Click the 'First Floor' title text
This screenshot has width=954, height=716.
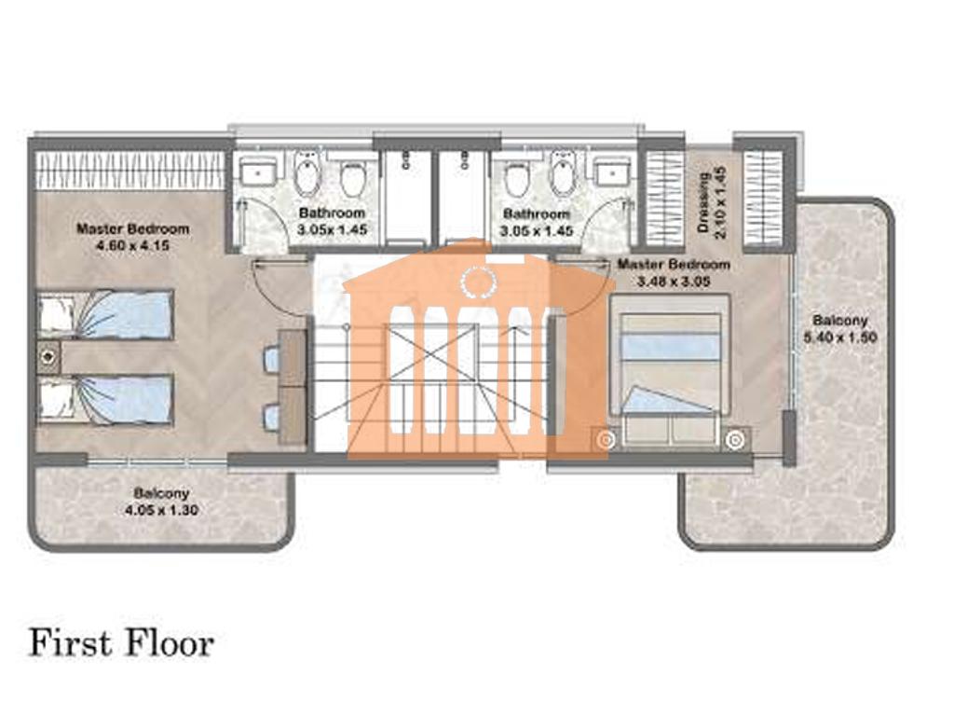click(x=122, y=644)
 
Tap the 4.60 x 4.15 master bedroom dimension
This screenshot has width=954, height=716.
click(x=132, y=246)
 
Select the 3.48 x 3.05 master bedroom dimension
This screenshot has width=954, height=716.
click(x=674, y=282)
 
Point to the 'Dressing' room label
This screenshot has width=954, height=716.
click(x=704, y=202)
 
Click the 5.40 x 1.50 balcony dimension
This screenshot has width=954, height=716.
click(x=840, y=337)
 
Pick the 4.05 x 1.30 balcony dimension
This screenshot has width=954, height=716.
click(x=161, y=510)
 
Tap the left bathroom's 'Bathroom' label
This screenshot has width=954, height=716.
click(x=333, y=213)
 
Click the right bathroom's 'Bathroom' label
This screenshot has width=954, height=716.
click(x=537, y=214)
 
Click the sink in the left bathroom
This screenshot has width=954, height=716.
click(x=258, y=172)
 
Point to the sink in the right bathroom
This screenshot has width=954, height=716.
click(x=613, y=173)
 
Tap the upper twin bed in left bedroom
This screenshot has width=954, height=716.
click(x=106, y=314)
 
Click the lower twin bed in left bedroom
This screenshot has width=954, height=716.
click(x=106, y=399)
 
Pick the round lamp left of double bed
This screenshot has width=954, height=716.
click(x=605, y=440)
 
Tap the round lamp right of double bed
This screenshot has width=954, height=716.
click(x=736, y=440)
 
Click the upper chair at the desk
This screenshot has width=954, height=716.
click(x=271, y=358)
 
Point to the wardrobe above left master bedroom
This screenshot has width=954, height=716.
click(x=131, y=170)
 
